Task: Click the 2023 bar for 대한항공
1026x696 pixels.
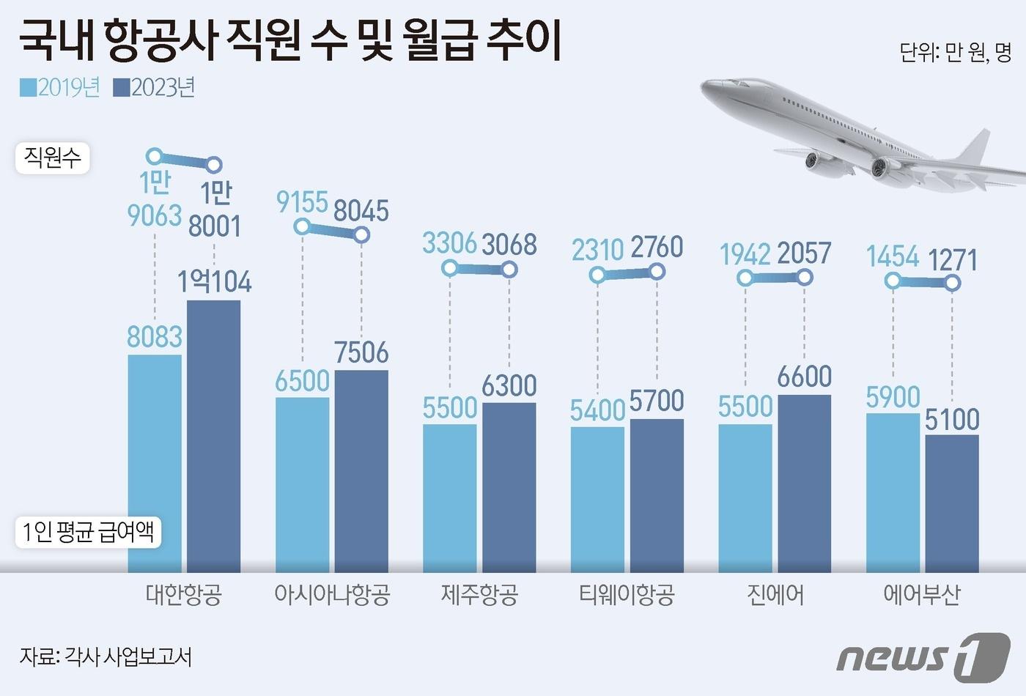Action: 213,436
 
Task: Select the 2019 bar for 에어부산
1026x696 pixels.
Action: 892,492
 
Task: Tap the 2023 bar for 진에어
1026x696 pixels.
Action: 804,484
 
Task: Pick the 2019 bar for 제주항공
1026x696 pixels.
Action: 449,498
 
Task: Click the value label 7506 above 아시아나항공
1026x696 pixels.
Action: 361,352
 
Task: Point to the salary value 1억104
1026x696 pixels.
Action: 214,282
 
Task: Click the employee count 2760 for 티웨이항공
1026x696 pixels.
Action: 657,248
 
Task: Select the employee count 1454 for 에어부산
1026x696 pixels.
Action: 892,257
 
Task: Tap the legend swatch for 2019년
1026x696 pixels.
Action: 28,88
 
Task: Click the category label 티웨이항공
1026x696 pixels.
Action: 627,594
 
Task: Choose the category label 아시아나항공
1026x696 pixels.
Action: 331,594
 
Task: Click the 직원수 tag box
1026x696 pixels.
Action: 52,158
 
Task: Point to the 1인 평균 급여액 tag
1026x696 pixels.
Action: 88,532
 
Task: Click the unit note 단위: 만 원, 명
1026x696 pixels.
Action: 955,53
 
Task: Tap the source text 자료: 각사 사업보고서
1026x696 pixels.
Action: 106,656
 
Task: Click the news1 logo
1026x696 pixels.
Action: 923,656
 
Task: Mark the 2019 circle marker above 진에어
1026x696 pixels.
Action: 745,278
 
